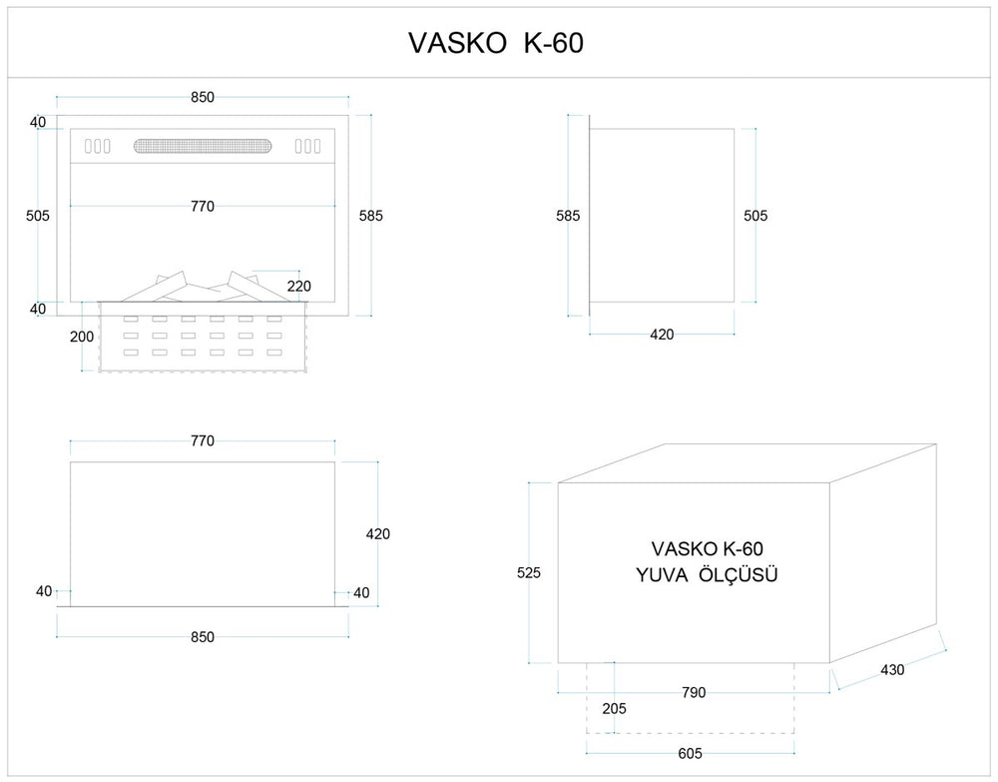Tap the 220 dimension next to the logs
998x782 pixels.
[298, 286]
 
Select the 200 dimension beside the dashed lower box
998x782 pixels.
[82, 337]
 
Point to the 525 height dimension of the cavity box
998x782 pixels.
[528, 573]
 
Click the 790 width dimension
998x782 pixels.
[693, 692]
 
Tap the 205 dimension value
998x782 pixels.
[616, 708]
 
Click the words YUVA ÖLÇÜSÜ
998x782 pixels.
[707, 575]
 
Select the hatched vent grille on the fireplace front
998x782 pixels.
[203, 146]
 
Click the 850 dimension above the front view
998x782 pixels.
[203, 97]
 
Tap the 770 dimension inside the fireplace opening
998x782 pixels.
[203, 207]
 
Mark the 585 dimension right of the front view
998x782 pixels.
[370, 215]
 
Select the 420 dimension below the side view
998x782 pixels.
[662, 335]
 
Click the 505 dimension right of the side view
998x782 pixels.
[755, 215]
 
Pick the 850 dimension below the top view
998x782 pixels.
[203, 637]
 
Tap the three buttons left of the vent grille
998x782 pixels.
[97, 146]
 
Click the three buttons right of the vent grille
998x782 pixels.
[307, 146]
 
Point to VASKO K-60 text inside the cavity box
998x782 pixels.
[707, 548]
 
